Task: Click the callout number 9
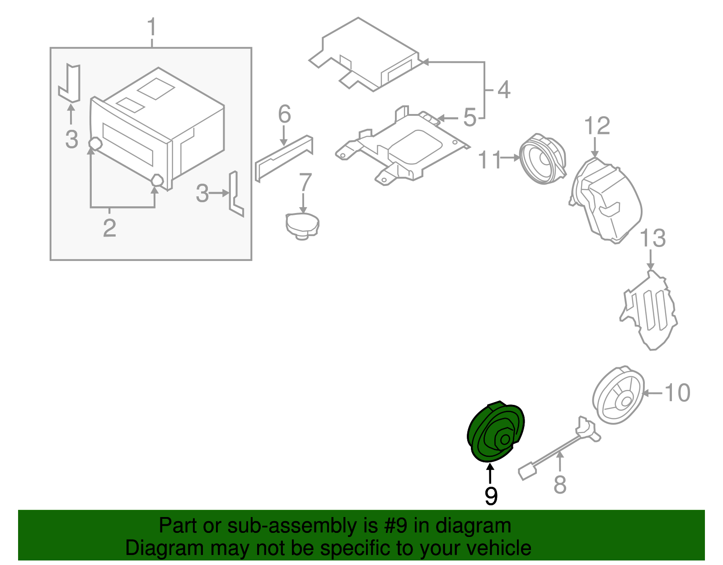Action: coord(491,496)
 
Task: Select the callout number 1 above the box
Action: coord(152,28)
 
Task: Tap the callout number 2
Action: coord(109,228)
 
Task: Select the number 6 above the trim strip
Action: coord(284,114)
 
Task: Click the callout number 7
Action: coord(305,182)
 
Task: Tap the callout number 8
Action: coord(559,484)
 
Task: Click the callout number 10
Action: coord(677,393)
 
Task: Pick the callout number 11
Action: coord(490,160)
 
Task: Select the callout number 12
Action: coord(597,126)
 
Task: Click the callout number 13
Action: coord(653,238)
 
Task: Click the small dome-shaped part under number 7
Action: coord(302,225)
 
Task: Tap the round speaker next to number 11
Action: coord(542,159)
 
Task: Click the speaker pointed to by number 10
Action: coord(618,395)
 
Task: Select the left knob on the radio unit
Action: coord(95,144)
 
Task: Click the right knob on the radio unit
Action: coord(157,180)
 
